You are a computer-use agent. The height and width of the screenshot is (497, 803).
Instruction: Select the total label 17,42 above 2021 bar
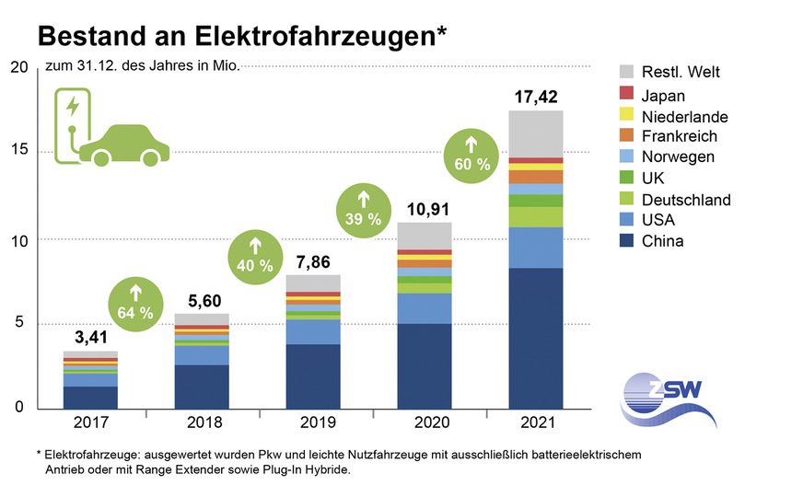point(536,96)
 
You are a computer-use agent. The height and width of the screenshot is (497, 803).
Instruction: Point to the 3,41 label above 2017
point(90,336)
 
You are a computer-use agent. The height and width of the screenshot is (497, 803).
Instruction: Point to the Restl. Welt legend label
point(681,73)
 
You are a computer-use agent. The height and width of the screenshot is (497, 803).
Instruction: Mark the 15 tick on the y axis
point(18,151)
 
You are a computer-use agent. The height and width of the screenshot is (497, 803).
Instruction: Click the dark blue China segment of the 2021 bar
point(536,338)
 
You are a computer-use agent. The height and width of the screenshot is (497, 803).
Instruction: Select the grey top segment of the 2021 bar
point(536,133)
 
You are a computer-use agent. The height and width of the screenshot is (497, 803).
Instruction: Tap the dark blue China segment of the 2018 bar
point(202,387)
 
